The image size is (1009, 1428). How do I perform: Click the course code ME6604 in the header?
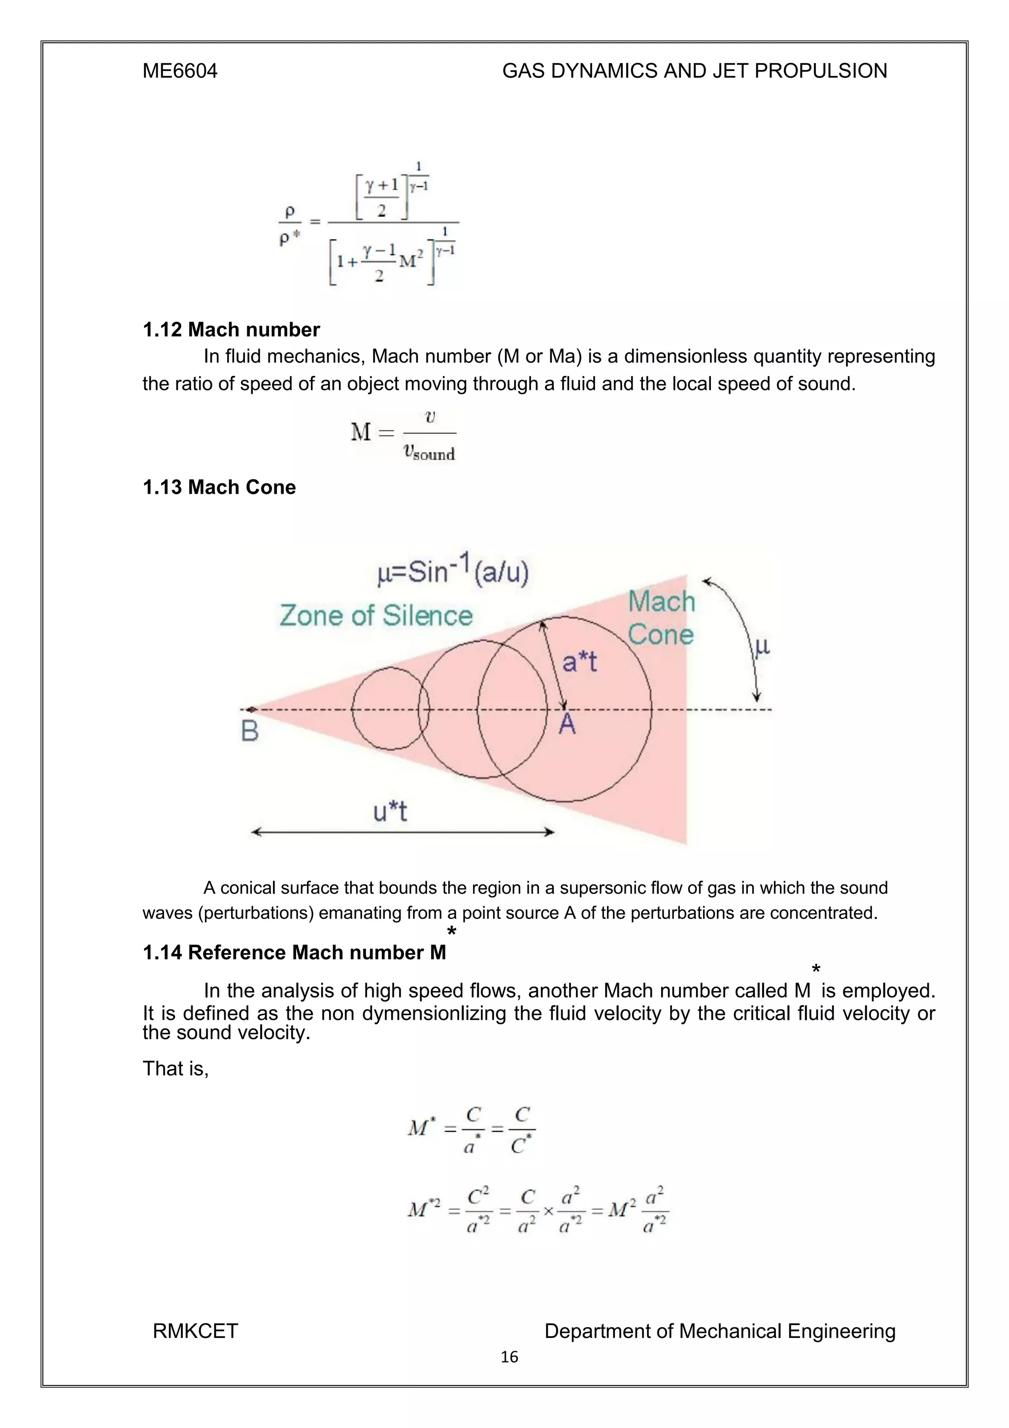[180, 71]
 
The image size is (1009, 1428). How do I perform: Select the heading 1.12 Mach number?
[231, 329]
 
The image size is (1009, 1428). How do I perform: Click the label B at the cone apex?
[249, 731]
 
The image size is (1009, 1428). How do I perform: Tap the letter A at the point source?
[567, 724]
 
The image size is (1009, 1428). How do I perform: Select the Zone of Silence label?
[375, 616]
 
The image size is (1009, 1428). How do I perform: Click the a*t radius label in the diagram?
[579, 661]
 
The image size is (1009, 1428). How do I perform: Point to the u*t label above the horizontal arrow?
[390, 811]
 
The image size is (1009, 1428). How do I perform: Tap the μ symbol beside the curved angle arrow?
[762, 647]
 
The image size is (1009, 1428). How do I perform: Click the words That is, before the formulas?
[175, 1068]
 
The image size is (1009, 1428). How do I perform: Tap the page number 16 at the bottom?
[509, 1357]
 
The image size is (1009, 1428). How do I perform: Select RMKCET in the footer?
[195, 1331]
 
